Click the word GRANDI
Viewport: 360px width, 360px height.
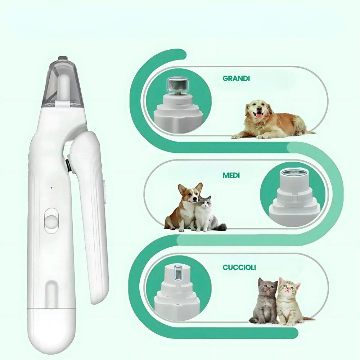pos(236,78)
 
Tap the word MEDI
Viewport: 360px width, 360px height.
pos(231,176)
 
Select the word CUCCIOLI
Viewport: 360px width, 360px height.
pos(239,267)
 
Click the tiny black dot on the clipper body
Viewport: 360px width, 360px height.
pos(51,188)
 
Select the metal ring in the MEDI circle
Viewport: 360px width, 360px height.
pos(295,172)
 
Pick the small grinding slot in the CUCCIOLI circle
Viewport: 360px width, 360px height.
pos(177,272)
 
